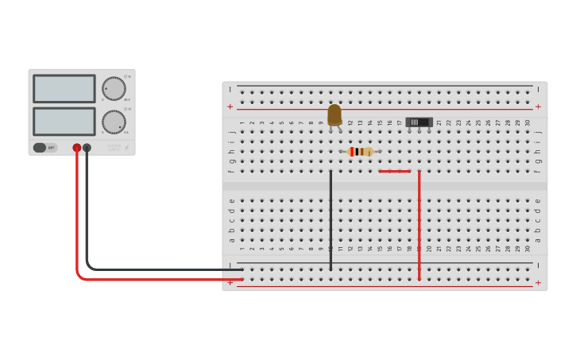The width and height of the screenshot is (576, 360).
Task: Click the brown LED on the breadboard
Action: click(x=334, y=115)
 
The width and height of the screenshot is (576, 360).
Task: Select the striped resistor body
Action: click(x=361, y=152)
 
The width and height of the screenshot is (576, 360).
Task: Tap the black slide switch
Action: click(x=419, y=122)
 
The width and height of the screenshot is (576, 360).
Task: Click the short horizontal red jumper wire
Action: click(x=395, y=171)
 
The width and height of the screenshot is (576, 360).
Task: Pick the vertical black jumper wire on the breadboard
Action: click(x=331, y=219)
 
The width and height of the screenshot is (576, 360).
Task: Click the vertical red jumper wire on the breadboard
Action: click(x=419, y=223)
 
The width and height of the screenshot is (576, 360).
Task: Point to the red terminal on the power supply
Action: click(x=77, y=148)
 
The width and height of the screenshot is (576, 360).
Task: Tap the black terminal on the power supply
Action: click(x=87, y=148)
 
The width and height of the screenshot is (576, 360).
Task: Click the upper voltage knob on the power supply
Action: click(x=113, y=88)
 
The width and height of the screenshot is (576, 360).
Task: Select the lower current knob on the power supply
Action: click(x=113, y=122)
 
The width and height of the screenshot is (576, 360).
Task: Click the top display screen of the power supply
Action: click(x=64, y=88)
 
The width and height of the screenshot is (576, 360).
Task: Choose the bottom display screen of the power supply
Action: click(x=64, y=121)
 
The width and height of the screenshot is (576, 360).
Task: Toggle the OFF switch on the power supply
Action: click(x=44, y=148)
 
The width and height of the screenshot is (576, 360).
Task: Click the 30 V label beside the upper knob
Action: click(x=127, y=100)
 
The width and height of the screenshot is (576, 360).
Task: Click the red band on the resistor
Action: click(x=352, y=152)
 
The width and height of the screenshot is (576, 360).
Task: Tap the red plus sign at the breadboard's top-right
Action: click(x=538, y=106)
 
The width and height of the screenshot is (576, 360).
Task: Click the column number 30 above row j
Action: click(x=528, y=122)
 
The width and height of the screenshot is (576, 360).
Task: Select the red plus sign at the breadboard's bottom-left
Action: click(x=230, y=282)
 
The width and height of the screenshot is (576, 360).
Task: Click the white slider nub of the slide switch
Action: click(x=413, y=122)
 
